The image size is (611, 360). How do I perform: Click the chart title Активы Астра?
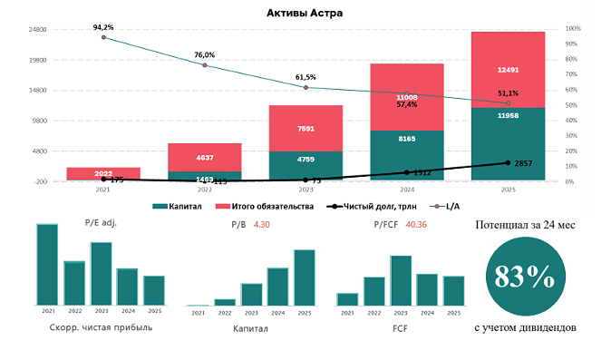(305, 13)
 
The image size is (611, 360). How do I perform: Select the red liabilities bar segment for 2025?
(508, 70)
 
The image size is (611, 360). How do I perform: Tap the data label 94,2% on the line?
(103, 28)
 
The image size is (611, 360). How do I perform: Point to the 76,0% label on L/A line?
(204, 55)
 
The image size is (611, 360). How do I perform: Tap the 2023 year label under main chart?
(305, 189)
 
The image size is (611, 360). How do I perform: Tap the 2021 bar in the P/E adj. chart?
(47, 264)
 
